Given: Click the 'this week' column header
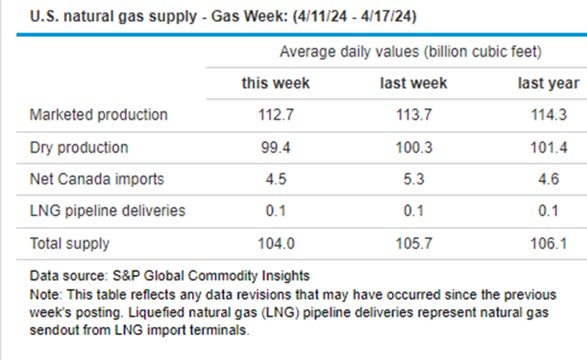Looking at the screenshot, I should click(275, 83).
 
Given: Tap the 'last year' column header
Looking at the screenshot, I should click(548, 83).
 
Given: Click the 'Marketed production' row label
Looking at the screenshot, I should click(98, 115).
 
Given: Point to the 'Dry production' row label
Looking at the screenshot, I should click(79, 147).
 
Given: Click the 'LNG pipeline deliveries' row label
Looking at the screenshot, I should click(107, 211).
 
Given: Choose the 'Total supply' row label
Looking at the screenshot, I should click(69, 243).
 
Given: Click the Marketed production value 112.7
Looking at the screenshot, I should click(275, 115).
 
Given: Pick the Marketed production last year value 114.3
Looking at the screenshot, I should click(548, 115).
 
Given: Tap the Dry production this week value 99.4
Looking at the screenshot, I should click(275, 147).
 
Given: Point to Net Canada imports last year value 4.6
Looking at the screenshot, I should click(548, 179).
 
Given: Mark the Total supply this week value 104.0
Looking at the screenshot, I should click(275, 243).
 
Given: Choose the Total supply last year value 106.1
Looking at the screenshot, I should click(548, 243).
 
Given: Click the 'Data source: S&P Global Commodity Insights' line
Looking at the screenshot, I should click(169, 275).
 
